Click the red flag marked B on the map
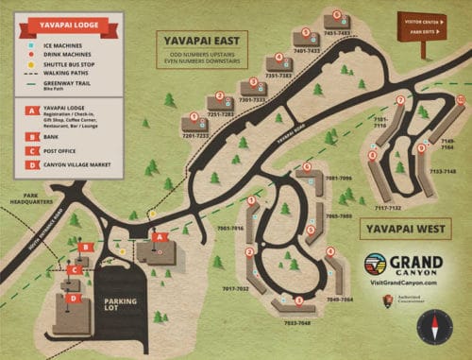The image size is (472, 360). click(x=86, y=248)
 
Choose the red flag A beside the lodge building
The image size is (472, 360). click(x=161, y=237)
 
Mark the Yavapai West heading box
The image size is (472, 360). click(x=392, y=228)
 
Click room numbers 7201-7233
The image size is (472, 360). click(x=195, y=135)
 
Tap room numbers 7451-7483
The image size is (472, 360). click(x=337, y=33)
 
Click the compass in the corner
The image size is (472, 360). click(x=435, y=326)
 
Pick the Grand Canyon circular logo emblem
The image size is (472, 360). click(x=376, y=264)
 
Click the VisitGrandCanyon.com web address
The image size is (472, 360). click(x=402, y=281)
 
